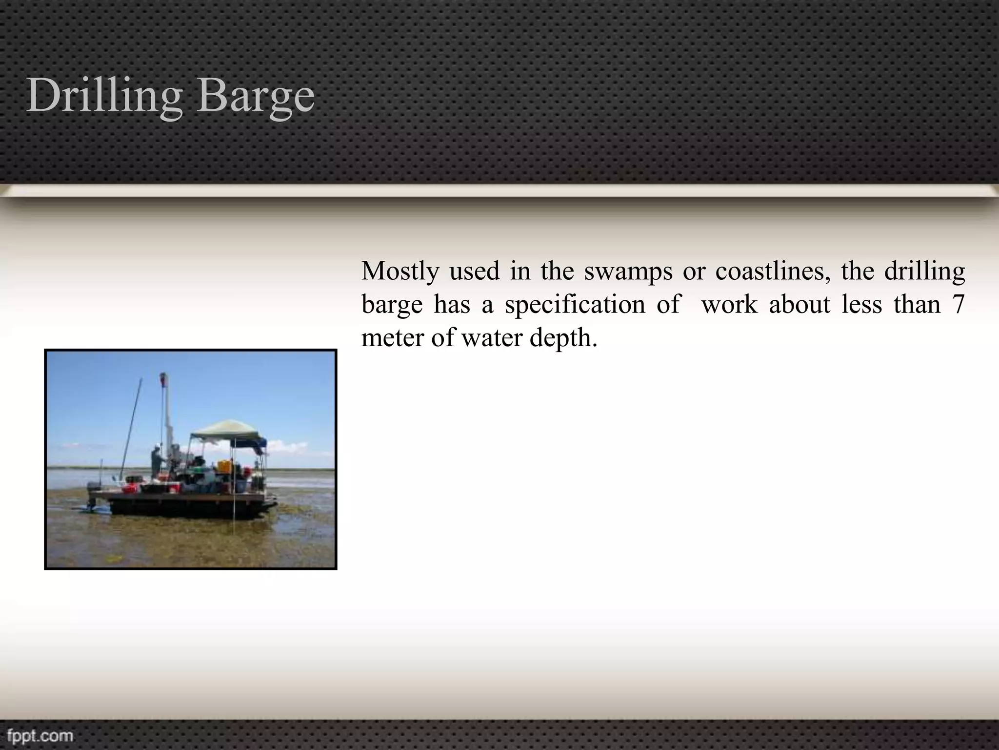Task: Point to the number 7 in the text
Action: (958, 304)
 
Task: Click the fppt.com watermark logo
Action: (40, 735)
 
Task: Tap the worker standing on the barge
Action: (157, 461)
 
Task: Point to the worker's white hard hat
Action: (157, 446)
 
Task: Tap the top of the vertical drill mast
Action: (163, 377)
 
